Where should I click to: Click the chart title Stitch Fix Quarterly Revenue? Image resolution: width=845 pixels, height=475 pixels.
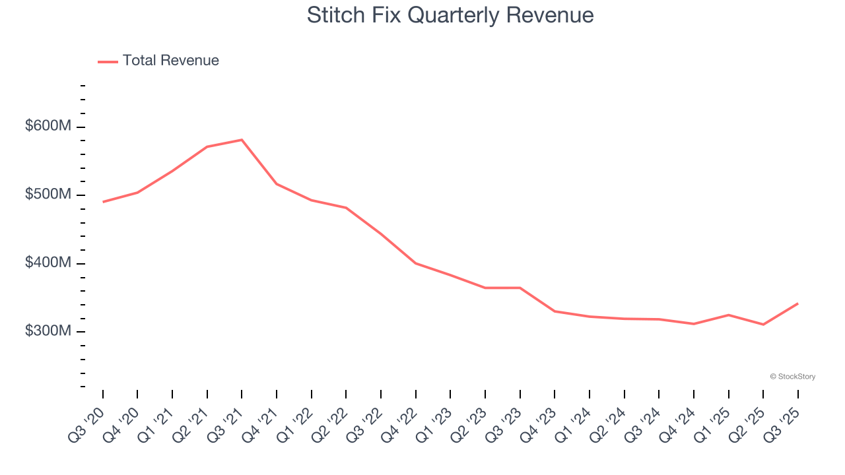[450, 15]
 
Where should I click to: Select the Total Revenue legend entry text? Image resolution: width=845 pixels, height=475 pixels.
[170, 61]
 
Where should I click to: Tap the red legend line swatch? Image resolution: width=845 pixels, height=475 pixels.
[108, 61]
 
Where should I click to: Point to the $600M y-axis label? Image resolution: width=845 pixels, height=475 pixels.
[47, 126]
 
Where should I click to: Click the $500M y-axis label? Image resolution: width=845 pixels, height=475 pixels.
[47, 195]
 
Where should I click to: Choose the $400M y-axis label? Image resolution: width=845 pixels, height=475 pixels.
[47, 263]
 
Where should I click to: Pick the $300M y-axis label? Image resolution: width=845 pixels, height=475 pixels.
[47, 331]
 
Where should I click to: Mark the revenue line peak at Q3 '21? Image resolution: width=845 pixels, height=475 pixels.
[242, 140]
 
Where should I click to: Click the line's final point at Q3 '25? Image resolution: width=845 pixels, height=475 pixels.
[797, 303]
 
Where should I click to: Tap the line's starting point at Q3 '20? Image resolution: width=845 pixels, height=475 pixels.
[103, 202]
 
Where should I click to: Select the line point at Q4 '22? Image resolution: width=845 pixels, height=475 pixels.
[416, 263]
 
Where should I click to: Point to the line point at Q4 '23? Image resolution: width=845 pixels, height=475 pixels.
[555, 311]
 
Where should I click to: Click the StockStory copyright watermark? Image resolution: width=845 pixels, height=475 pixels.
[792, 377]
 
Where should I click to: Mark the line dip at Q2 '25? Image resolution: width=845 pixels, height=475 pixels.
[763, 325]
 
